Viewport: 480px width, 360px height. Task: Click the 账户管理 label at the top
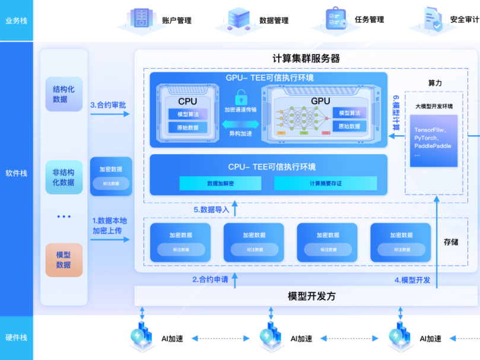(x=176, y=20)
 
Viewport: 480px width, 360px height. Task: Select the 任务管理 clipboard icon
(x=336, y=18)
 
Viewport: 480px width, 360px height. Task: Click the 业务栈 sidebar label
(x=16, y=21)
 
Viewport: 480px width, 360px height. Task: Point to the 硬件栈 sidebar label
(x=16, y=337)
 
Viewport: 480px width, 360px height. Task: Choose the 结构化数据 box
(x=63, y=94)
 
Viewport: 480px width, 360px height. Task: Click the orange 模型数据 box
(x=63, y=260)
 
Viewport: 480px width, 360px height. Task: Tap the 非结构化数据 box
(x=63, y=177)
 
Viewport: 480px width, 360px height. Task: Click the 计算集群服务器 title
(x=306, y=59)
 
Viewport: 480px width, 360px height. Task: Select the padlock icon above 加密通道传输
(x=241, y=97)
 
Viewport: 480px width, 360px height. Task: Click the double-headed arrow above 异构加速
(x=240, y=124)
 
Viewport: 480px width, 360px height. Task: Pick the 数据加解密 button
(x=220, y=183)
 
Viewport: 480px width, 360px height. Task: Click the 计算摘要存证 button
(x=325, y=183)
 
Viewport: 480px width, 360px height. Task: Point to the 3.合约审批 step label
(x=108, y=105)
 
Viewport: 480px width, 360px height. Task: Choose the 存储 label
(x=451, y=242)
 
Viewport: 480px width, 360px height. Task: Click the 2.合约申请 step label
(x=210, y=280)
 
